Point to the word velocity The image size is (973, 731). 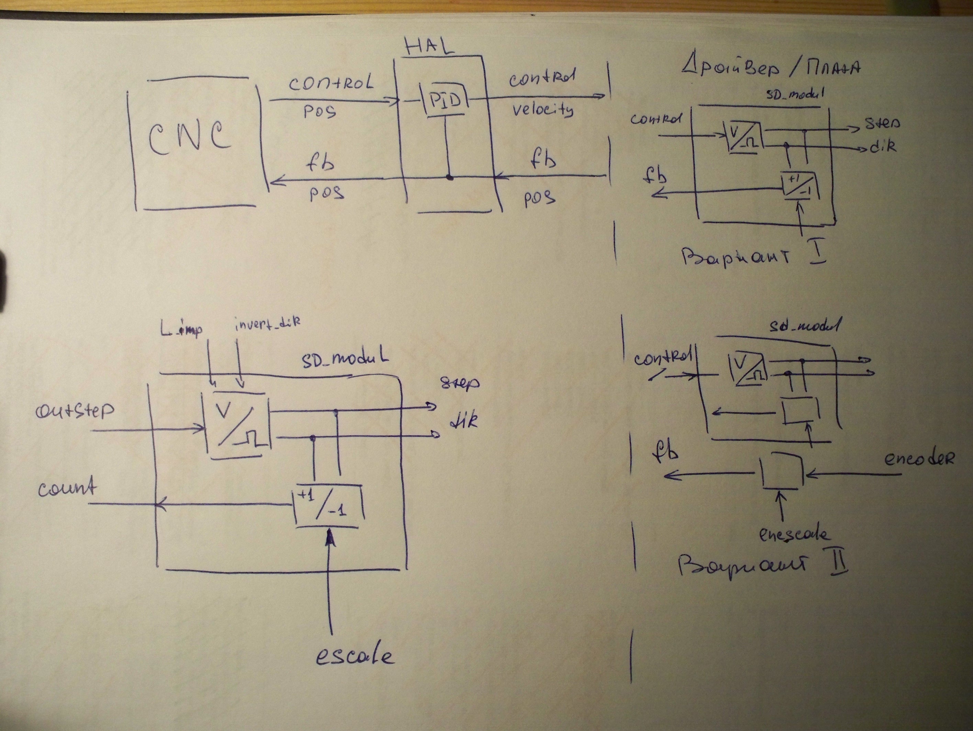pos(543,110)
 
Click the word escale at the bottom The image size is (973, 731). pos(355,656)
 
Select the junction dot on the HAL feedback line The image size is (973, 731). pos(449,178)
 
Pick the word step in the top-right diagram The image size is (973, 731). pos(882,123)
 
